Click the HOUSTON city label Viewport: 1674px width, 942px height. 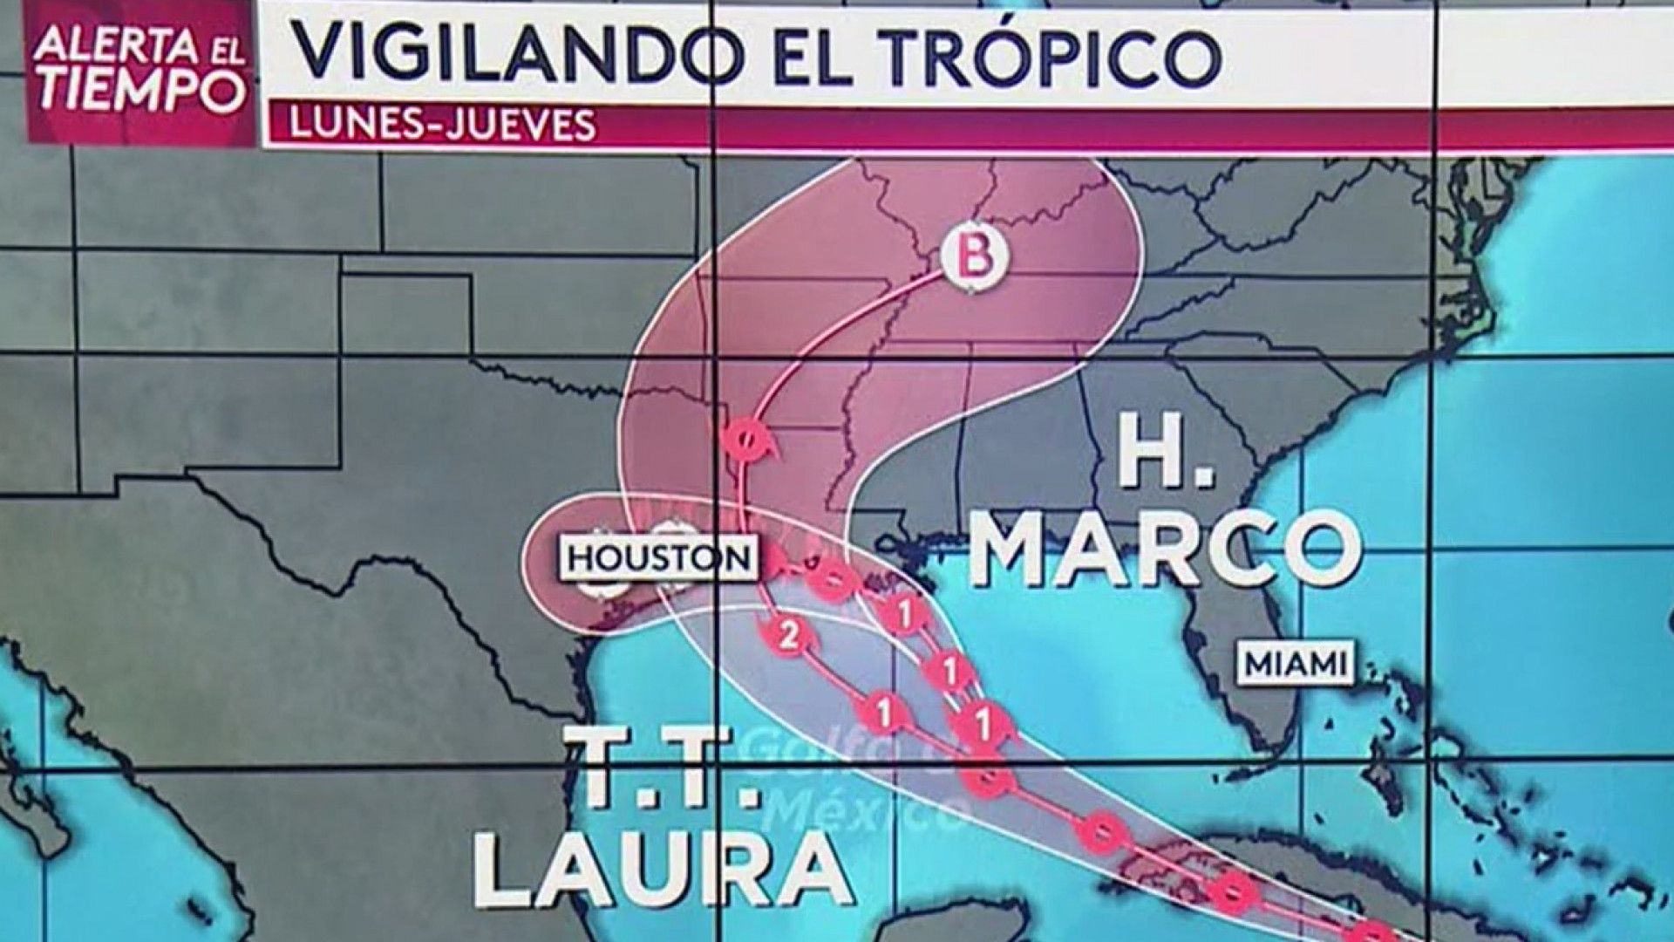[x=660, y=558]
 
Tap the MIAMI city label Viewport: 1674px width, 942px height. [x=1295, y=665]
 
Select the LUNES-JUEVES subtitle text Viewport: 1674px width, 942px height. [x=443, y=124]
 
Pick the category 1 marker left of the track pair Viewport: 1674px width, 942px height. [x=884, y=713]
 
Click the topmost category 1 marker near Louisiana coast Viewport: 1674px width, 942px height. [x=904, y=613]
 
